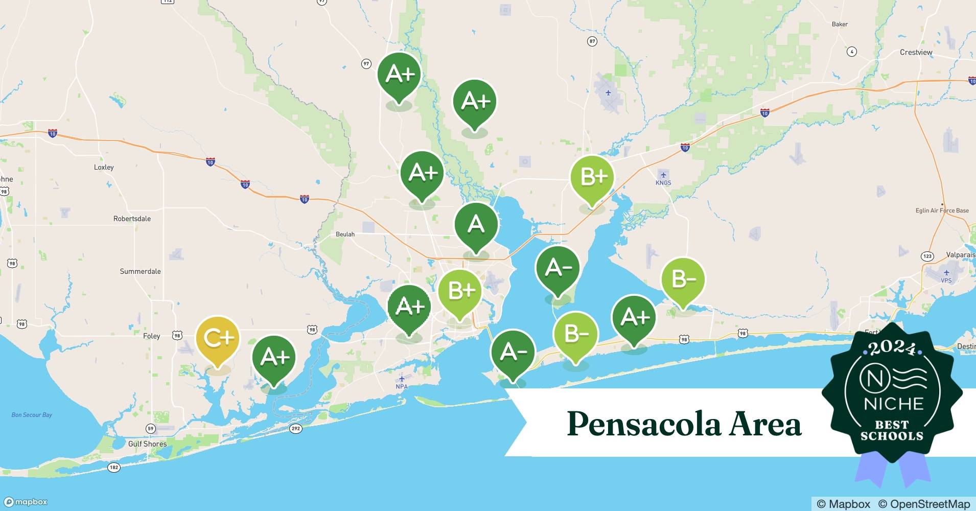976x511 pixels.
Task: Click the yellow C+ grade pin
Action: click(218, 338)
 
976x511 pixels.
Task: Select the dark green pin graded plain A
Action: click(476, 224)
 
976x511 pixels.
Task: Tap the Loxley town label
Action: click(104, 167)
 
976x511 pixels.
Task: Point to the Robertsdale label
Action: click(132, 219)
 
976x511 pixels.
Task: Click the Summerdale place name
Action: click(140, 271)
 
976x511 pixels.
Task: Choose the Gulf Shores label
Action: click(147, 444)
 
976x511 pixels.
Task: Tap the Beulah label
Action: click(345, 234)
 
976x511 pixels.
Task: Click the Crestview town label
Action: click(916, 52)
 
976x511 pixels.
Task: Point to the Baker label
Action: click(840, 24)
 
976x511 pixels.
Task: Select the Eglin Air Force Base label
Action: click(942, 211)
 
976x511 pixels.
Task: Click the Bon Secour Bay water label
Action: click(32, 415)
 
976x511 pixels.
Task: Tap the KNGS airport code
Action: click(663, 182)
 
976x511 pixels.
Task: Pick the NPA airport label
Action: click(402, 386)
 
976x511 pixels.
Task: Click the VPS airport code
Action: click(946, 280)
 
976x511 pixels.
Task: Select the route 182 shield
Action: click(113, 467)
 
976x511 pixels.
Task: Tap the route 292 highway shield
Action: click(296, 428)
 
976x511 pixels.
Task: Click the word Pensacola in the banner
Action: click(643, 424)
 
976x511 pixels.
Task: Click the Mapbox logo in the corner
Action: click(26, 502)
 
